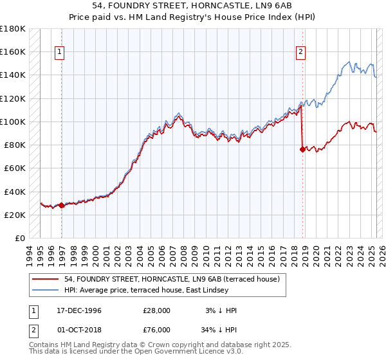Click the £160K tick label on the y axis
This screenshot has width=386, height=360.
click(x=13, y=51)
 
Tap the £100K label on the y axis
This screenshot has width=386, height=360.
click(x=13, y=122)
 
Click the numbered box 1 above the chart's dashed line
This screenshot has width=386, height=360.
click(x=59, y=53)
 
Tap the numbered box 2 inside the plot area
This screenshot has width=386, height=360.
click(x=300, y=53)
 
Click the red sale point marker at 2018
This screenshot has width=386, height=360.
click(x=302, y=149)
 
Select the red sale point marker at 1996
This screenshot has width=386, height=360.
click(x=62, y=205)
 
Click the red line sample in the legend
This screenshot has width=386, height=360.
click(x=46, y=280)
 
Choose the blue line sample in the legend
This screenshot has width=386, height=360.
click(x=46, y=291)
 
